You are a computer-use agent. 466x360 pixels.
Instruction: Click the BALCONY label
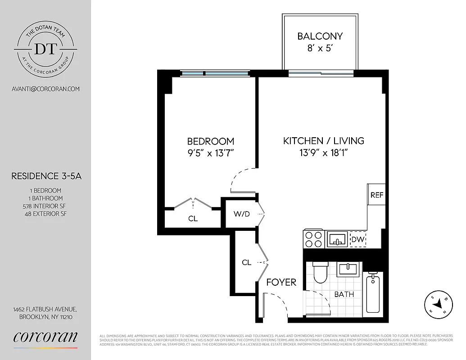tap(320, 36)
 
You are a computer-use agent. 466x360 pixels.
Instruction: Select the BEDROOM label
tap(211, 141)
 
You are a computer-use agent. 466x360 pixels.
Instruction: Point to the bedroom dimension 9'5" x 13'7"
tap(211, 153)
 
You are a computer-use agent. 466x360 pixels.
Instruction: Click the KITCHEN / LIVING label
tap(323, 141)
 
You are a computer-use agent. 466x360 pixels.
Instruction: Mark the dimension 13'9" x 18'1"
tap(323, 153)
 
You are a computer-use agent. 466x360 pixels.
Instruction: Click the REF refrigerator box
tap(376, 195)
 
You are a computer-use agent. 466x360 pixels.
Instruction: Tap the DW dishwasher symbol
tap(357, 239)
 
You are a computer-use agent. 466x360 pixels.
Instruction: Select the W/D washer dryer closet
tap(241, 214)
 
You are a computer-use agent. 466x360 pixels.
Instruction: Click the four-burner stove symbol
tap(313, 239)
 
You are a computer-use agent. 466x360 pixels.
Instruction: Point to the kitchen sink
tap(337, 238)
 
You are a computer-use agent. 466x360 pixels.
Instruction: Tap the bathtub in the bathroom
tap(373, 294)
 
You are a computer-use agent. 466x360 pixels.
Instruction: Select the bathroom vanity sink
tap(347, 270)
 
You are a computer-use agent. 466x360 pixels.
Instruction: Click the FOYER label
tap(281, 282)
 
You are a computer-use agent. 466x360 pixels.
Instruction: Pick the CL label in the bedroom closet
tap(193, 219)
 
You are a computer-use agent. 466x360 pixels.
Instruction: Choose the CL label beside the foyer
tap(246, 262)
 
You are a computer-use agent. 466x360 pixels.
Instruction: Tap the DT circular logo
tap(45, 49)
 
